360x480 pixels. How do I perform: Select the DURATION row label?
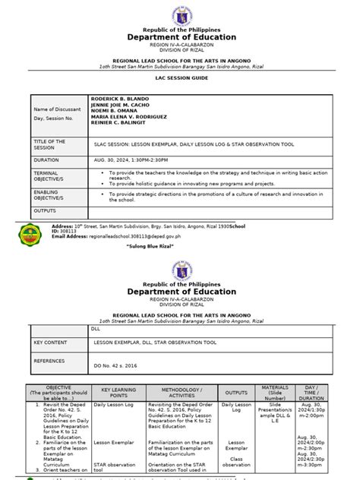tap(46, 160)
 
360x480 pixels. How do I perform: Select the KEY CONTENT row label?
tap(51, 343)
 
